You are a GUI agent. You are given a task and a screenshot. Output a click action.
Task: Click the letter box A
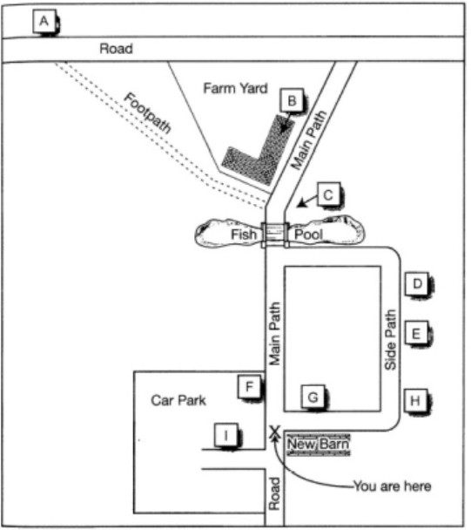pyautogui.click(x=45, y=21)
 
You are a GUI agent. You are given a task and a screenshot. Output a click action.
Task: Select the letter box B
pyautogui.click(x=292, y=100)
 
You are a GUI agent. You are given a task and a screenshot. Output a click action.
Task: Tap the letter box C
pyautogui.click(x=328, y=194)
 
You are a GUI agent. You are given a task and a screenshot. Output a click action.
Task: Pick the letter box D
pyautogui.click(x=417, y=283)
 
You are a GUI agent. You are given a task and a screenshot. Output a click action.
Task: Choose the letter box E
pyautogui.click(x=416, y=333)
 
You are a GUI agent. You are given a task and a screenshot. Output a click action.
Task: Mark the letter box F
pyautogui.click(x=250, y=386)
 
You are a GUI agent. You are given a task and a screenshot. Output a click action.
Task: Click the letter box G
pyautogui.click(x=313, y=397)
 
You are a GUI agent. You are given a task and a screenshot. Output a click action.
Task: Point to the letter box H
pyautogui.click(x=416, y=400)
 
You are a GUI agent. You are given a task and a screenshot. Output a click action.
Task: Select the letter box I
pyautogui.click(x=226, y=435)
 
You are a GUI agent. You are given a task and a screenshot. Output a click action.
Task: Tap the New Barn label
pyautogui.click(x=318, y=444)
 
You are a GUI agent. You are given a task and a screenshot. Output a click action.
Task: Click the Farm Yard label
pyautogui.click(x=235, y=88)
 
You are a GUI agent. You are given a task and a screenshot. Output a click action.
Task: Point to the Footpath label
pyautogui.click(x=147, y=112)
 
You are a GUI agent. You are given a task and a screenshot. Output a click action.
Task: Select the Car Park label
pyautogui.click(x=178, y=400)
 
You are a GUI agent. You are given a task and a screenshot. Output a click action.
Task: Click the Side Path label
pyautogui.click(x=390, y=339)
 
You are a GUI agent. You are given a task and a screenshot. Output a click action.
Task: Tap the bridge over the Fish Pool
pyautogui.click(x=275, y=234)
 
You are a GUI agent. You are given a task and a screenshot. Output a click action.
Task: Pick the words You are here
pyautogui.click(x=393, y=486)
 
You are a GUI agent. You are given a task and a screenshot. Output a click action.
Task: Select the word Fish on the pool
pyautogui.click(x=244, y=234)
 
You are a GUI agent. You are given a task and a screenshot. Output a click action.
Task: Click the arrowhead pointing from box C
pyautogui.click(x=301, y=203)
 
